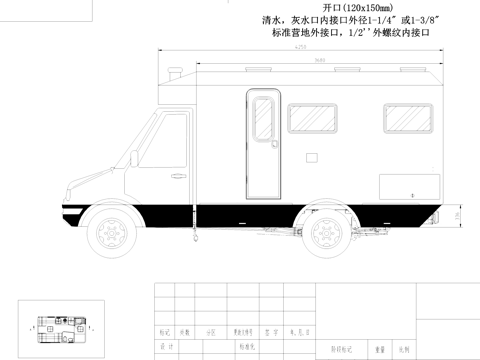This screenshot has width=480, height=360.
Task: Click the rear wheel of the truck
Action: coord(326,234)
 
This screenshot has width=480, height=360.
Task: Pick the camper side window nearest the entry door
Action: coord(312,119)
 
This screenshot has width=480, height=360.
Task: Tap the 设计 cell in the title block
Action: coord(163,346)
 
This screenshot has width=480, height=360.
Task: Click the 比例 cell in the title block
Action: coord(404,350)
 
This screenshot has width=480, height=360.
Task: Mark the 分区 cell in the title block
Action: coord(210,331)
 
